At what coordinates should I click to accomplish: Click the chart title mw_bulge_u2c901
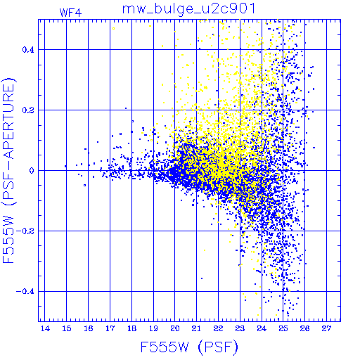(x=188, y=9)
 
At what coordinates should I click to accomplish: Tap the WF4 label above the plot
(x=70, y=13)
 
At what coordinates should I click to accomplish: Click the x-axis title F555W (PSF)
(x=189, y=347)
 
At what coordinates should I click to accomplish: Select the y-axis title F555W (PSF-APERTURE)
(x=9, y=170)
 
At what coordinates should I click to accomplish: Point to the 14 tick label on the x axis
(x=45, y=328)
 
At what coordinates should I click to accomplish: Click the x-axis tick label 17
(x=110, y=328)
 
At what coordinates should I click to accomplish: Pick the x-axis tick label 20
(x=175, y=328)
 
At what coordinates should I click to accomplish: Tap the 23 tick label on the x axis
(x=240, y=328)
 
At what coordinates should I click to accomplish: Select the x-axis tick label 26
(x=304, y=328)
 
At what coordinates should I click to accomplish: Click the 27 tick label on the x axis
(x=326, y=328)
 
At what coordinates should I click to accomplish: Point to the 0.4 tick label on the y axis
(x=28, y=50)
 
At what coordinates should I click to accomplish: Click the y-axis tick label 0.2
(x=28, y=110)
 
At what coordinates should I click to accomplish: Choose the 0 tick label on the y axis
(x=32, y=171)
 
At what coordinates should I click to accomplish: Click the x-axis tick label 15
(x=67, y=328)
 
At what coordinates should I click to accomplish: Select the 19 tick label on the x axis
(x=153, y=328)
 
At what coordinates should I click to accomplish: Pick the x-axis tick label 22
(x=218, y=328)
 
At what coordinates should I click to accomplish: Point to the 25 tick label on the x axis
(x=283, y=328)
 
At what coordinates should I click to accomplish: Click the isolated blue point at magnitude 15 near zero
(x=65, y=166)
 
